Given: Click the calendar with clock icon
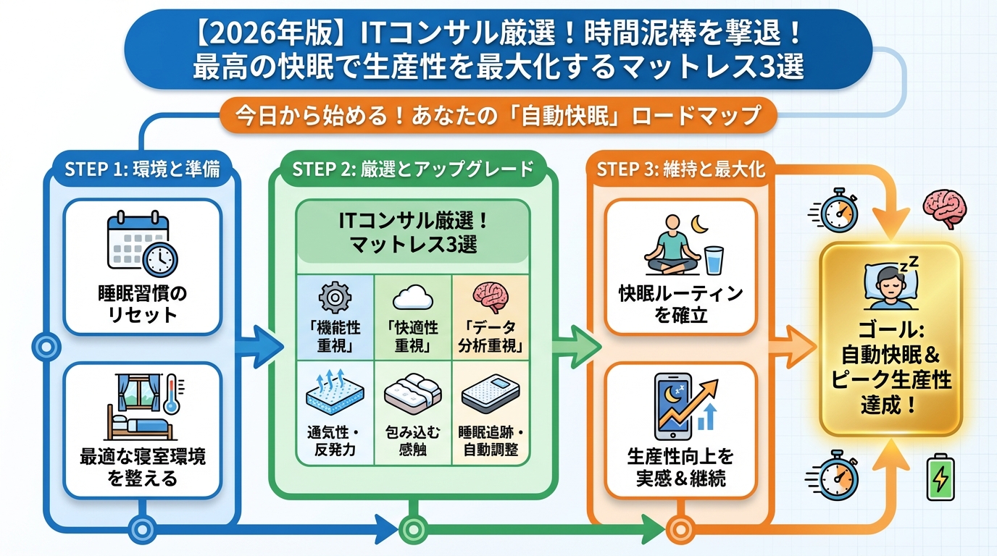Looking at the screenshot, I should click(x=142, y=243).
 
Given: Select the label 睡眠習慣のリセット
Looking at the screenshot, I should click(x=142, y=304).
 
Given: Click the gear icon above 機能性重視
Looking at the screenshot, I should click(x=334, y=297).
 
